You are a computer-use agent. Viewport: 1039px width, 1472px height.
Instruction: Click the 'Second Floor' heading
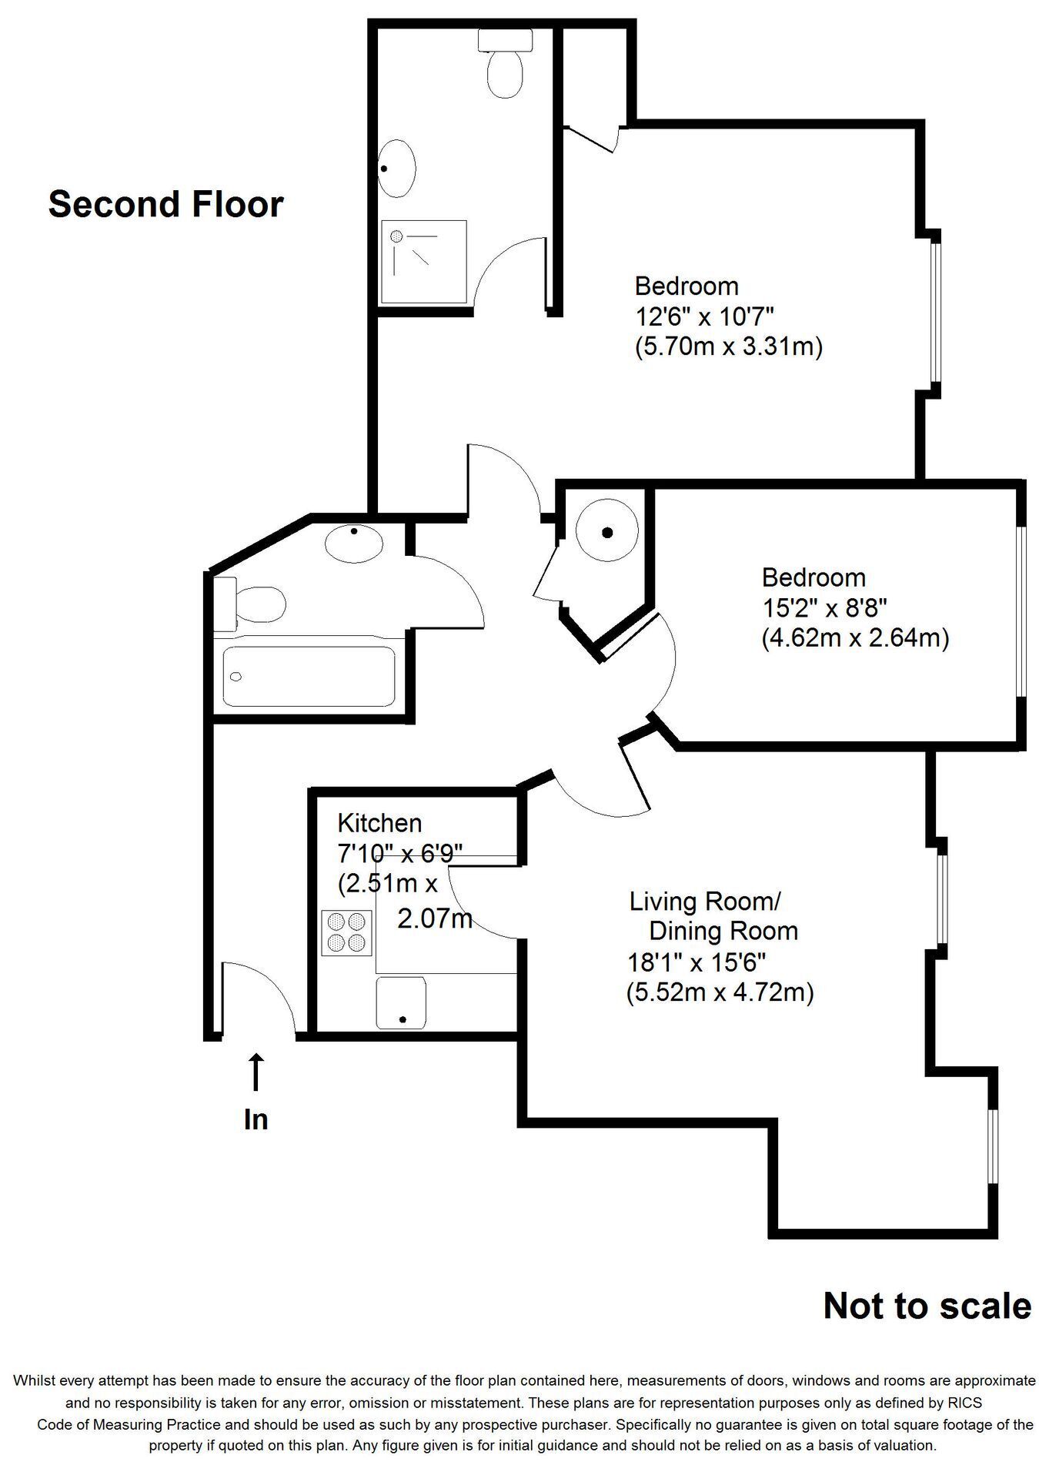pos(165,205)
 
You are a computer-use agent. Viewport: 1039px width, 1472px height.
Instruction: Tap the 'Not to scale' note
pos(927,1306)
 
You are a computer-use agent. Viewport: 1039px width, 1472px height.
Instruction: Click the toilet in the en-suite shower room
pos(506,63)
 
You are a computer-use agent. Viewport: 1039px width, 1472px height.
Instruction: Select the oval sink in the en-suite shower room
pos(397,167)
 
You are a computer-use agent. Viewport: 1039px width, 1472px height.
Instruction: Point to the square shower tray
pos(424,261)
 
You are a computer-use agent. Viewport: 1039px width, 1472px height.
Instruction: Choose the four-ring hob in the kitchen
pos(346,932)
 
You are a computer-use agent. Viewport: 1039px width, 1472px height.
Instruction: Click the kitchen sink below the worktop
pos(401,1003)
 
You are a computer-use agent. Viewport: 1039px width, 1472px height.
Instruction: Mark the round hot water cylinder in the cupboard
pos(607,532)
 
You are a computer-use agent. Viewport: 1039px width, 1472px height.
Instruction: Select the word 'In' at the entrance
pos(256,1119)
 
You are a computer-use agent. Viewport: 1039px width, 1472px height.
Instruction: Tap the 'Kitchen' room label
pos(379,823)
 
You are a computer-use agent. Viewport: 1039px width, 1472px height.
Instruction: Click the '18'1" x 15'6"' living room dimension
pos(697,962)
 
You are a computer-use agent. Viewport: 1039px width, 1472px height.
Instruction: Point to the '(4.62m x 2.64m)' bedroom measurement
pos(855,638)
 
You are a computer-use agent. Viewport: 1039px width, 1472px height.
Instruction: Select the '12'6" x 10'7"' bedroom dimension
pos(703,316)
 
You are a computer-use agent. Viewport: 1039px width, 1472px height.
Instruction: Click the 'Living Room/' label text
pos(706,901)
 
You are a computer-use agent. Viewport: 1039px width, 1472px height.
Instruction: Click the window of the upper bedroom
pos(935,313)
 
